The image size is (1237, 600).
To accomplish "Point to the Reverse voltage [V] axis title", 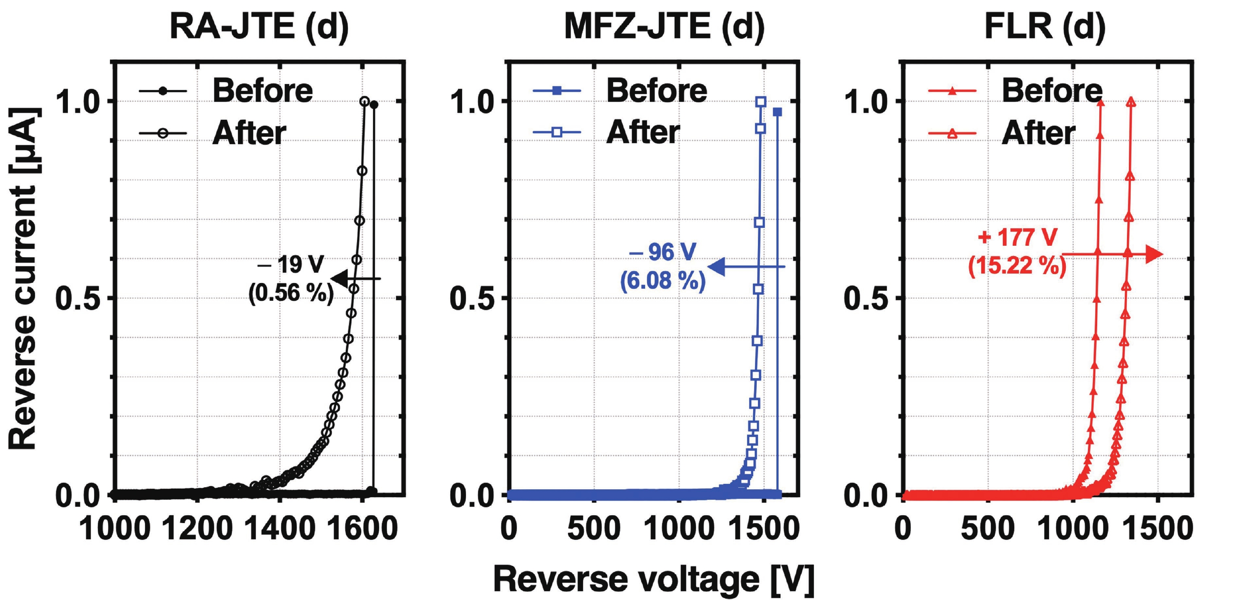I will [653, 579].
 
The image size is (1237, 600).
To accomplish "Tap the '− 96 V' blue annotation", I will [663, 252].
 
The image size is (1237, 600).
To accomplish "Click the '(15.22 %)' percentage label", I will [1017, 265].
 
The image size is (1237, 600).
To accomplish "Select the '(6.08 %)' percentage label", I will [663, 280].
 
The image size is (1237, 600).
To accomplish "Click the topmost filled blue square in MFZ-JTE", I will [777, 112].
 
